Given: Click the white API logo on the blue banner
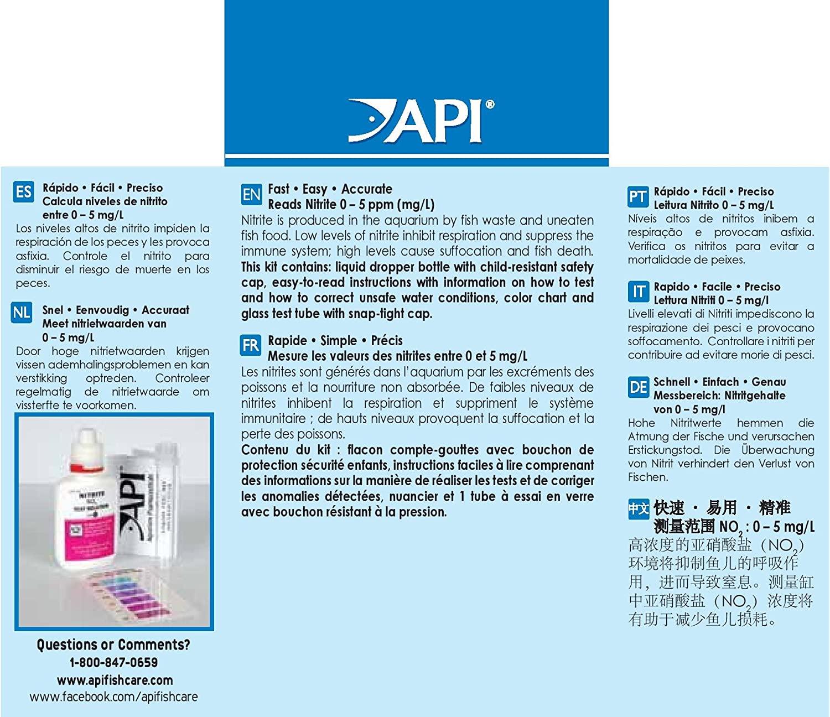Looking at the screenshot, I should (x=421, y=121).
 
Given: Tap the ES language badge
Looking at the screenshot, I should (x=23, y=192).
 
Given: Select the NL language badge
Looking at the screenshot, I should (x=22, y=313).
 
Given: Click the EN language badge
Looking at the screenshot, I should (x=251, y=195).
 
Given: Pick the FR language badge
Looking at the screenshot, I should (x=250, y=345).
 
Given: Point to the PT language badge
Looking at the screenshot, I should (x=637, y=196).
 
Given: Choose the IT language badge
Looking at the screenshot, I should (x=637, y=291).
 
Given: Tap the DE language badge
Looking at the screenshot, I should (x=637, y=387).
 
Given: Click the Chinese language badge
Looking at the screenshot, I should (x=638, y=508).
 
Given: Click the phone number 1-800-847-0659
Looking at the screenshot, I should (x=113, y=662).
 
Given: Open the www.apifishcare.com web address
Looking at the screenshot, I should (x=115, y=680).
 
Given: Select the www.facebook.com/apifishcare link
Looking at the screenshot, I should (x=113, y=697).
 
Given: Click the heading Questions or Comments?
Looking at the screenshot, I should (x=113, y=645).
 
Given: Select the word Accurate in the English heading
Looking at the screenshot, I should (x=367, y=189).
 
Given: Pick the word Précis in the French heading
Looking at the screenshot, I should (x=387, y=341).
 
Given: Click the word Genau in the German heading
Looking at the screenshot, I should (x=769, y=382).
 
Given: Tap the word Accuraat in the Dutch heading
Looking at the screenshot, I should (x=165, y=310).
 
